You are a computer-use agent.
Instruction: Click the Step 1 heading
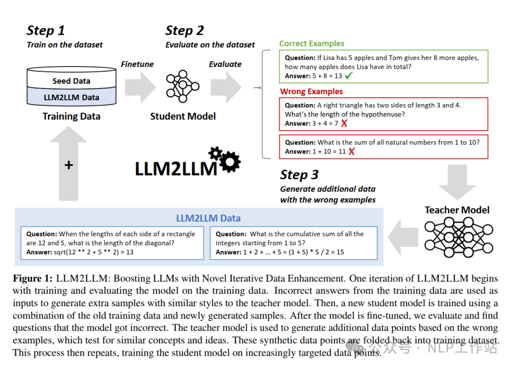(x=46, y=31)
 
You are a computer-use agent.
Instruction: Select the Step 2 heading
(x=184, y=31)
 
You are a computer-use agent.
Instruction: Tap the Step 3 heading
(x=299, y=174)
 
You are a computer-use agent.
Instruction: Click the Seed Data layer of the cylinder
(x=71, y=81)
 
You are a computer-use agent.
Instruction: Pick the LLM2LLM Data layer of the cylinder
(x=71, y=97)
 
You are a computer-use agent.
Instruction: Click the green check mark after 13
(x=349, y=76)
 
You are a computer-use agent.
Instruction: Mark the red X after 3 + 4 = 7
(x=344, y=123)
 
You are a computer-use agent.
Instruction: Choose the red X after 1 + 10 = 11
(x=352, y=151)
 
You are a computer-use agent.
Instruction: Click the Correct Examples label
(x=312, y=44)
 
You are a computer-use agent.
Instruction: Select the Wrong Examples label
(x=311, y=91)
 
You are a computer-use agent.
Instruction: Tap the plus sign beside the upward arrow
(x=69, y=165)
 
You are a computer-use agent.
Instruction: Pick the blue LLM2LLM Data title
(x=208, y=219)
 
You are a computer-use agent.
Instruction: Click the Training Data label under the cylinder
(x=71, y=116)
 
